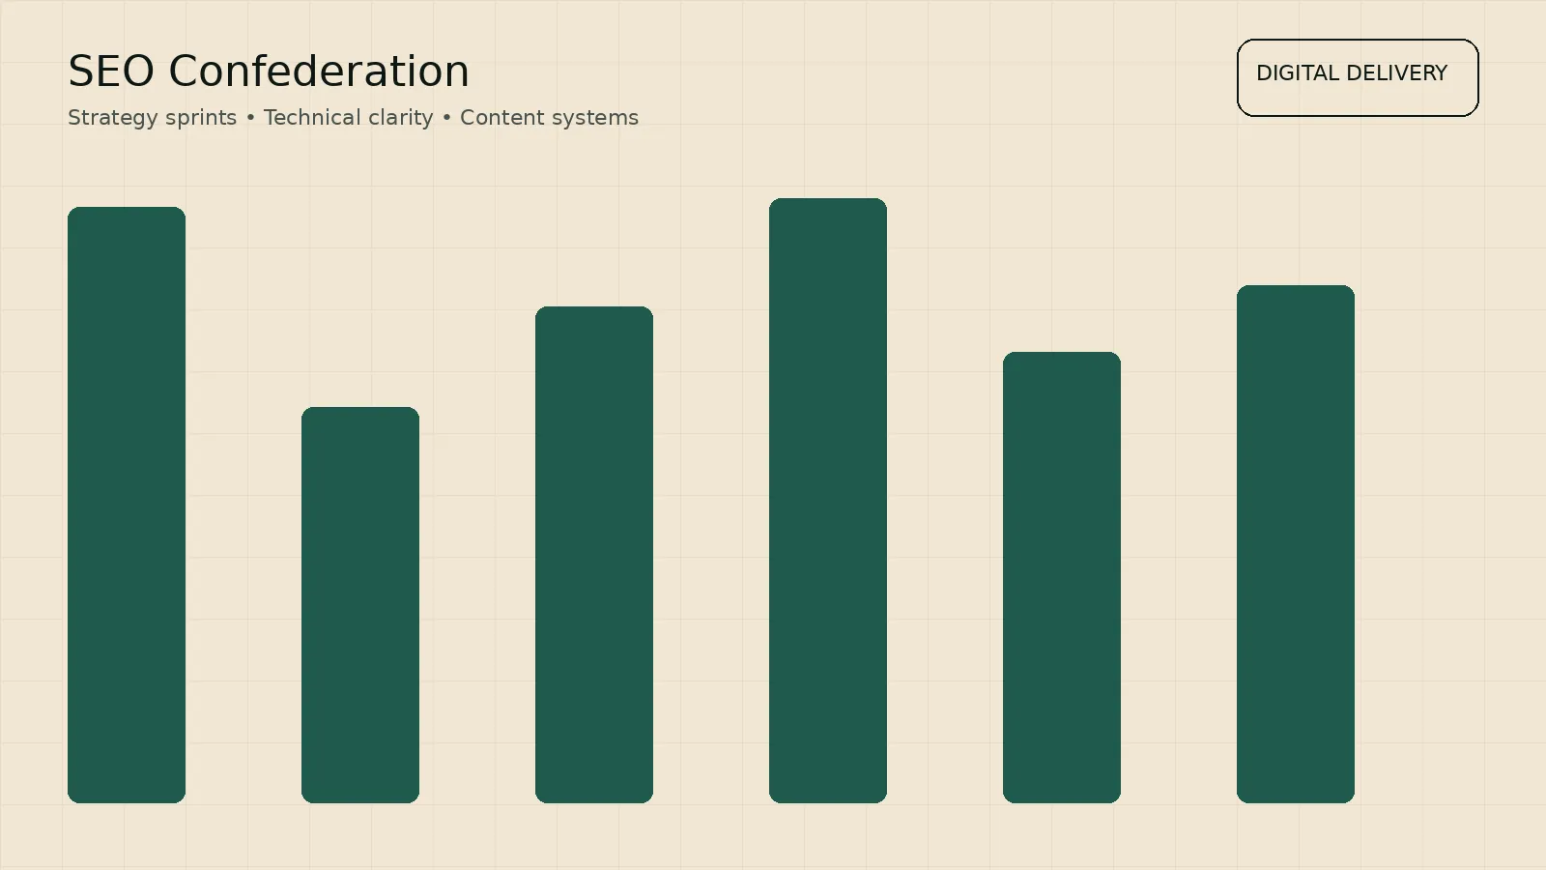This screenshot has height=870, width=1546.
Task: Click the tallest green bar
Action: click(828, 500)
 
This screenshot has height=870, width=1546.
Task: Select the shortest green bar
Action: click(360, 604)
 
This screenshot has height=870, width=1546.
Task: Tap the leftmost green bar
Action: click(127, 505)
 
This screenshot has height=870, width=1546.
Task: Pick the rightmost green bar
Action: click(1296, 543)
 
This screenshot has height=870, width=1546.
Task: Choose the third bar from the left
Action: click(594, 554)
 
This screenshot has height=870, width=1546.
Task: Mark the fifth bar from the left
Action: click(1062, 577)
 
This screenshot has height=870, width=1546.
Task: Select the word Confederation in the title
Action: click(319, 72)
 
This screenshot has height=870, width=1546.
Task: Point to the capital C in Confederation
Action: click(183, 72)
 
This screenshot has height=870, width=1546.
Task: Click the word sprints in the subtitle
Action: click(201, 118)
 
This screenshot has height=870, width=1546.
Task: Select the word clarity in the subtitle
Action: click(399, 118)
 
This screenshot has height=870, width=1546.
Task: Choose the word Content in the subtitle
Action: click(498, 118)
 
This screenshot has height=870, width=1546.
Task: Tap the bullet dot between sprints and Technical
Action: click(250, 118)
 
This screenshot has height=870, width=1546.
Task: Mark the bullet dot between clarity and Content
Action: click(446, 118)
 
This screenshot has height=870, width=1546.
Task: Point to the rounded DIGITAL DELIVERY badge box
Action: click(1358, 100)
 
